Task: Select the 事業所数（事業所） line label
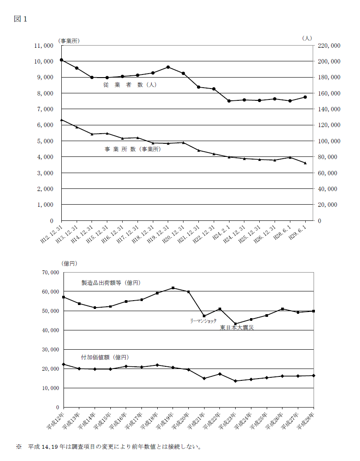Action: [x=133, y=149]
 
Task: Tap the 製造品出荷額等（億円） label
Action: [x=111, y=283]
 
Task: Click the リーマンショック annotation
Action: [x=203, y=321]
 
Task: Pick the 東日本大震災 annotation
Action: [x=236, y=327]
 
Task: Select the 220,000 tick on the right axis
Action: [x=329, y=45]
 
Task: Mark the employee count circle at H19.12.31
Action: [x=168, y=67]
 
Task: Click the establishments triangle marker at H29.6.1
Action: [x=305, y=163]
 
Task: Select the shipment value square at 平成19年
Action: [x=173, y=288]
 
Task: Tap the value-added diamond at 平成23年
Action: [x=236, y=381]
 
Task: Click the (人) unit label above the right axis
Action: [x=307, y=38]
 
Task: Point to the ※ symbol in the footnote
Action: [x=19, y=447]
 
